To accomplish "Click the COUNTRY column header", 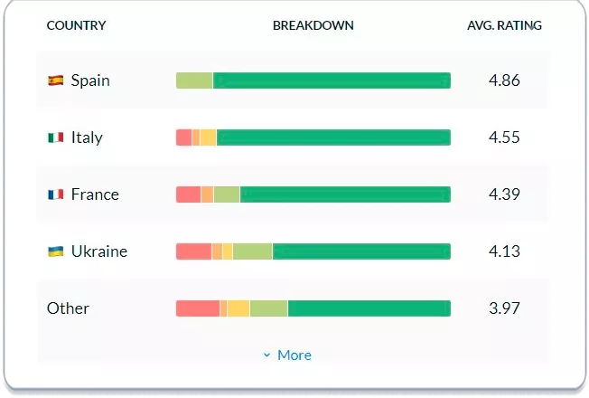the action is [76, 25].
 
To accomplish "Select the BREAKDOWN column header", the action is [313, 25].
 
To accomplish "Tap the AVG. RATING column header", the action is [504, 25].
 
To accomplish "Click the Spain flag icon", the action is [56, 81].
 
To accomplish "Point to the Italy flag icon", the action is [56, 137].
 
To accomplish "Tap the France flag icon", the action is [56, 194].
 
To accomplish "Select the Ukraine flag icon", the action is [56, 251].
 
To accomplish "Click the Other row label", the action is [68, 308].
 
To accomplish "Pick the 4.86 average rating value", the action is [504, 81].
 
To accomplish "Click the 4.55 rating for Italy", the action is [504, 137].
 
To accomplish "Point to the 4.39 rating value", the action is [504, 194].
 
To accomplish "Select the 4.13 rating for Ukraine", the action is [504, 251].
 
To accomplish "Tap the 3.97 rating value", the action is [504, 308].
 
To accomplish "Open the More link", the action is [288, 355].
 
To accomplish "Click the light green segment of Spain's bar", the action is [194, 81].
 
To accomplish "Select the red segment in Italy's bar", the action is [183, 137].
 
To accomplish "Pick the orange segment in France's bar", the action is [207, 194].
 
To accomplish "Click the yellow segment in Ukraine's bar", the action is [228, 251].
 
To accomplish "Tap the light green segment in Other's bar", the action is [268, 308].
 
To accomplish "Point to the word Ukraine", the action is [99, 251].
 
